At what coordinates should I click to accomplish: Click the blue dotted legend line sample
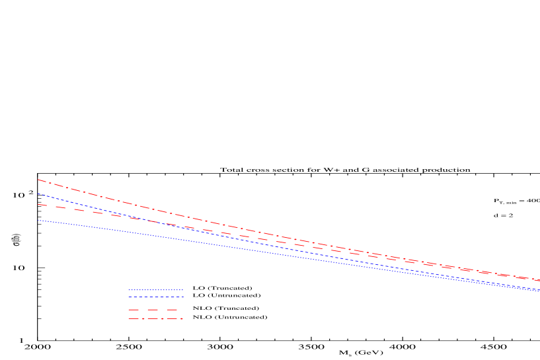pyautogui.click(x=155, y=290)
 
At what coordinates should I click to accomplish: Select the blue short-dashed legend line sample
pyautogui.click(x=155, y=297)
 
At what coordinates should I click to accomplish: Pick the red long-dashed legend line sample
pyautogui.click(x=153, y=310)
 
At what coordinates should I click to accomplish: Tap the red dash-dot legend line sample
pyautogui.click(x=155, y=319)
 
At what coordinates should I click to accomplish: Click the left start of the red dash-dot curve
pyautogui.click(x=38, y=180)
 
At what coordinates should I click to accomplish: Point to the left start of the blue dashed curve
pyautogui.click(x=38, y=194)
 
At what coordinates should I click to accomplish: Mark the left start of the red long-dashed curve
pyautogui.click(x=38, y=205)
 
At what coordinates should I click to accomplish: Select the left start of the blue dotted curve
pyautogui.click(x=38, y=221)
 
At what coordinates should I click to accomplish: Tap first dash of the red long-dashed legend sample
pyautogui.click(x=134, y=310)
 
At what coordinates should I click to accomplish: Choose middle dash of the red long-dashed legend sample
pyautogui.click(x=153, y=310)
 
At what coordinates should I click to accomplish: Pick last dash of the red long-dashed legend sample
pyautogui.click(x=172, y=310)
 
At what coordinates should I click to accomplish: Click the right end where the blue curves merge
pyautogui.click(x=539, y=291)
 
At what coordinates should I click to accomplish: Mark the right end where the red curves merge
pyautogui.click(x=539, y=281)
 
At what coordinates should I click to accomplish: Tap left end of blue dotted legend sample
pyautogui.click(x=129, y=290)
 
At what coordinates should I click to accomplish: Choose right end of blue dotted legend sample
pyautogui.click(x=182, y=290)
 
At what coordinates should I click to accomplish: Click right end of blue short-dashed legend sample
pyautogui.click(x=182, y=297)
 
